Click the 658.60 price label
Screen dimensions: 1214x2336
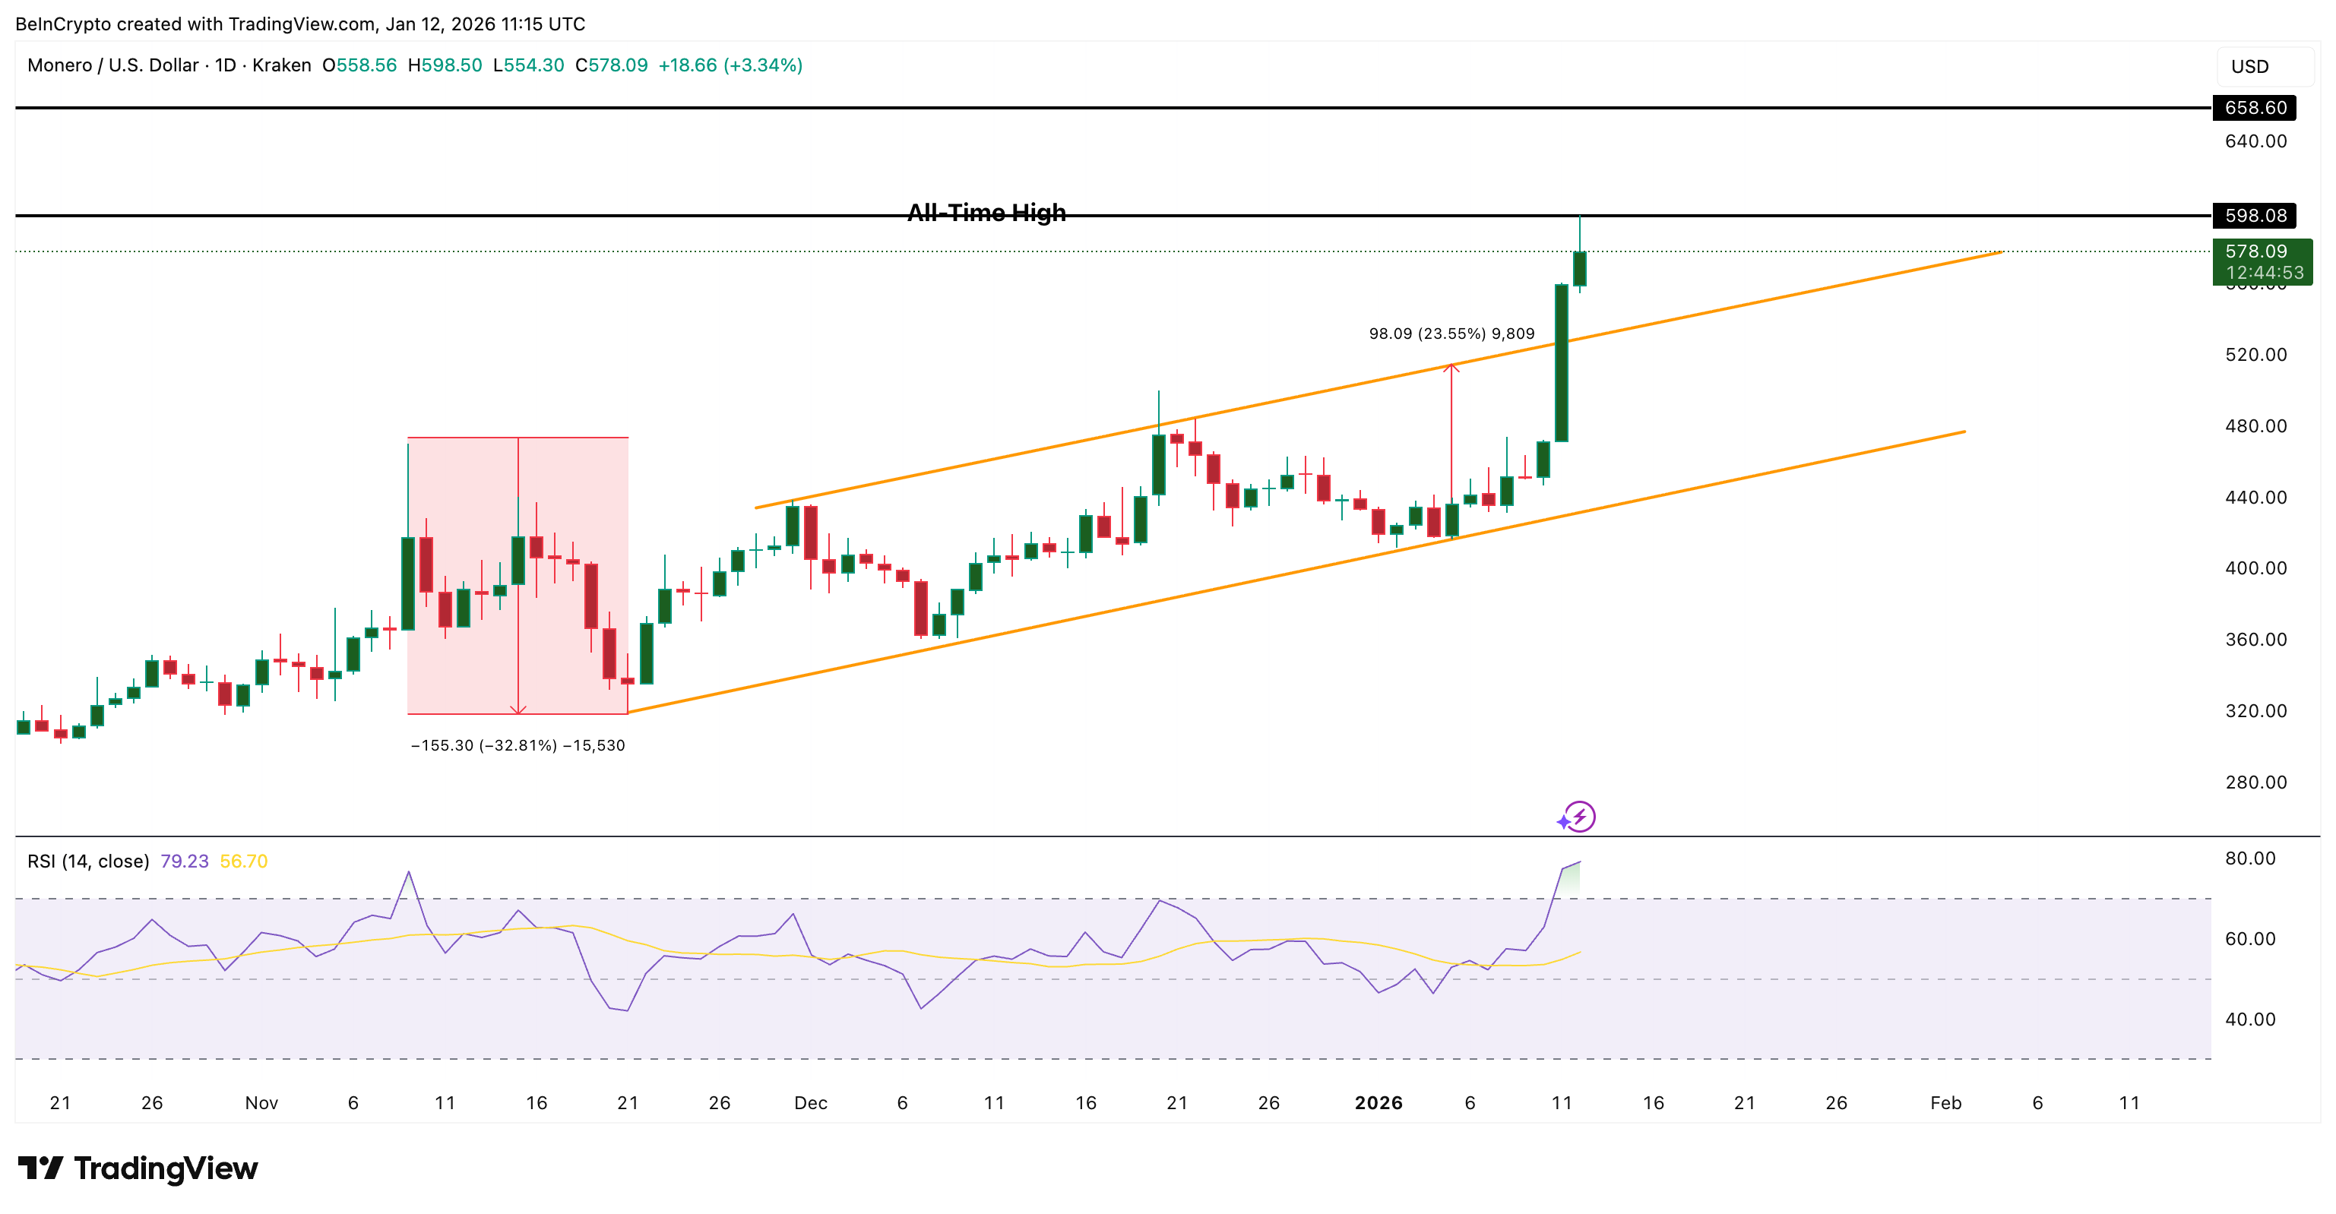tap(2255, 108)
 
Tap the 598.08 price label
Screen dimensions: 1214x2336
tap(2255, 216)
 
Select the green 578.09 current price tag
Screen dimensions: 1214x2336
tap(2262, 261)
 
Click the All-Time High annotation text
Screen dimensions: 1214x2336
tap(986, 213)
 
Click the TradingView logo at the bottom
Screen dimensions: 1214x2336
tap(138, 1168)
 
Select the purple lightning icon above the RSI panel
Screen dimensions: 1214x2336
tap(1579, 817)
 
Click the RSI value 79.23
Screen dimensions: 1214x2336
tap(184, 861)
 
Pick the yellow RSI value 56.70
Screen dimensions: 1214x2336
tap(244, 861)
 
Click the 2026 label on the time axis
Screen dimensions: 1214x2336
tap(1378, 1102)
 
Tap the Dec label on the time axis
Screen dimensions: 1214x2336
tap(811, 1102)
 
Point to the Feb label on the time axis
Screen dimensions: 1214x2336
tap(1946, 1102)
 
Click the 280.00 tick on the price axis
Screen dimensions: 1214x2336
tap(2255, 782)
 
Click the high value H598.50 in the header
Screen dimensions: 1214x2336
tap(445, 65)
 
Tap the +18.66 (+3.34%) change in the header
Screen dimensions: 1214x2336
tap(730, 65)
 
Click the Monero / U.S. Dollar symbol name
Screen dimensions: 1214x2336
tap(113, 65)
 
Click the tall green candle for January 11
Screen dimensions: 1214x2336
tap(1562, 362)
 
